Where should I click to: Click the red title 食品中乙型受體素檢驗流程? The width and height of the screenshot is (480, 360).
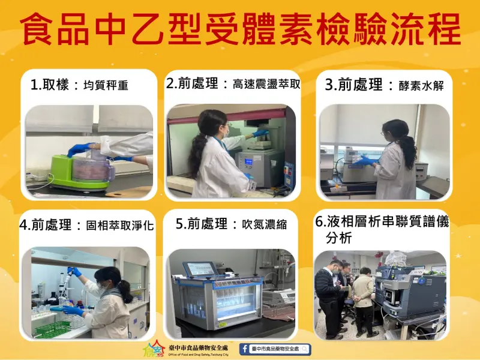pyautogui.click(x=240, y=30)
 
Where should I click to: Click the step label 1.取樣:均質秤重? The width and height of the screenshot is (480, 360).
pyautogui.click(x=79, y=85)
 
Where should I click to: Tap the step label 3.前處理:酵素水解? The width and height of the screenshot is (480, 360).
pyautogui.click(x=383, y=85)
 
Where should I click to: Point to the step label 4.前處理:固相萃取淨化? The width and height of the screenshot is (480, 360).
pyautogui.click(x=86, y=226)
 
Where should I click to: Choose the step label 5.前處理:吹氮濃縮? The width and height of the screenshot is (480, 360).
pyautogui.click(x=231, y=224)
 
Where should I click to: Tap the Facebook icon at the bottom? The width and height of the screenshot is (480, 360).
pyautogui.click(x=245, y=349)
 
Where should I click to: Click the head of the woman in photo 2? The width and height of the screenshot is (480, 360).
pyautogui.click(x=213, y=124)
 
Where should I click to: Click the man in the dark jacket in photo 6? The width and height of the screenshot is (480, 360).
pyautogui.click(x=329, y=294)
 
